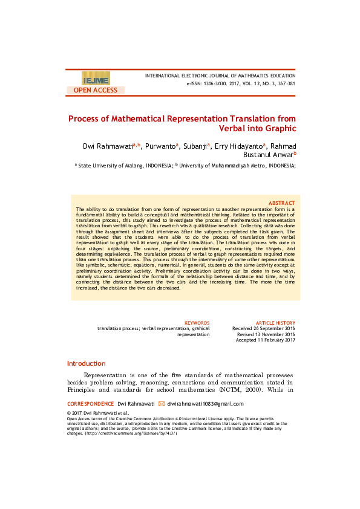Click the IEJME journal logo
pyautogui.click(x=96, y=79)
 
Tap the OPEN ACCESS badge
pyautogui.click(x=96, y=90)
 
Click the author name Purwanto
pyautogui.click(x=160, y=146)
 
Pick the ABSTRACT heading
pyautogui.click(x=281, y=203)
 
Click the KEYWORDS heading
pyautogui.click(x=197, y=323)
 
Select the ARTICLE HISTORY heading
pyautogui.click(x=275, y=323)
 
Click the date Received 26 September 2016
pyautogui.click(x=264, y=328)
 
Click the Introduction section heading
pyautogui.click(x=86, y=363)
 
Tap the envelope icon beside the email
pyautogui.click(x=161, y=404)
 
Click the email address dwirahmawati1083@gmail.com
pyautogui.click(x=205, y=404)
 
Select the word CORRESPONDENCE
pyautogui.click(x=90, y=404)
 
